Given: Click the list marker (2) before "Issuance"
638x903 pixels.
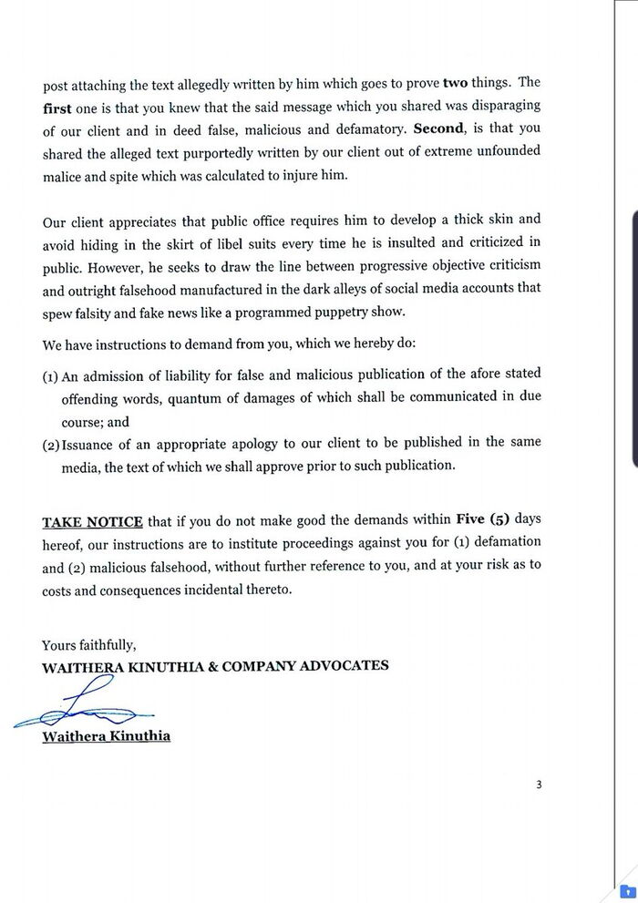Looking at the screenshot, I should coord(52,443).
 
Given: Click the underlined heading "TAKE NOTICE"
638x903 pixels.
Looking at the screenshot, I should coord(93,522).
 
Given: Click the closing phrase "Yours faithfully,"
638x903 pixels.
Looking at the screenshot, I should coord(89,646).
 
